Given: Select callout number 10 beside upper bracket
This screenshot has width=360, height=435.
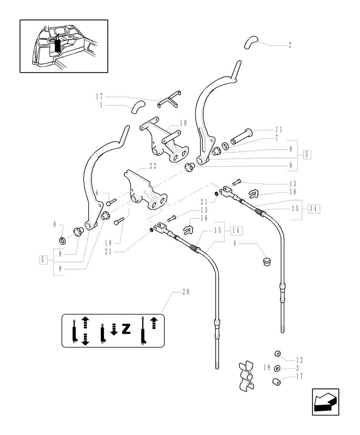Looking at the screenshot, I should click(183, 123).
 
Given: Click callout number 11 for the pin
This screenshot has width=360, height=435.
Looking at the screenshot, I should click(279, 130).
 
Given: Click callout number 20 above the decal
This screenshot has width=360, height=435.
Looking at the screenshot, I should click(186, 293).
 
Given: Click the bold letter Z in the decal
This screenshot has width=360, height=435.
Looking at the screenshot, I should click(126, 329).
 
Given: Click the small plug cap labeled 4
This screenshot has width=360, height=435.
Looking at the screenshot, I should click(266, 261).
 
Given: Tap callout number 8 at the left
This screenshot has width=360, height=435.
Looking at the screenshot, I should click(55, 225).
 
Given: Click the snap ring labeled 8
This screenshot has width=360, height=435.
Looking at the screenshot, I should click(62, 239).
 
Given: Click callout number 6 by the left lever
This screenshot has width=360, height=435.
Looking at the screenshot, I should click(97, 192).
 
